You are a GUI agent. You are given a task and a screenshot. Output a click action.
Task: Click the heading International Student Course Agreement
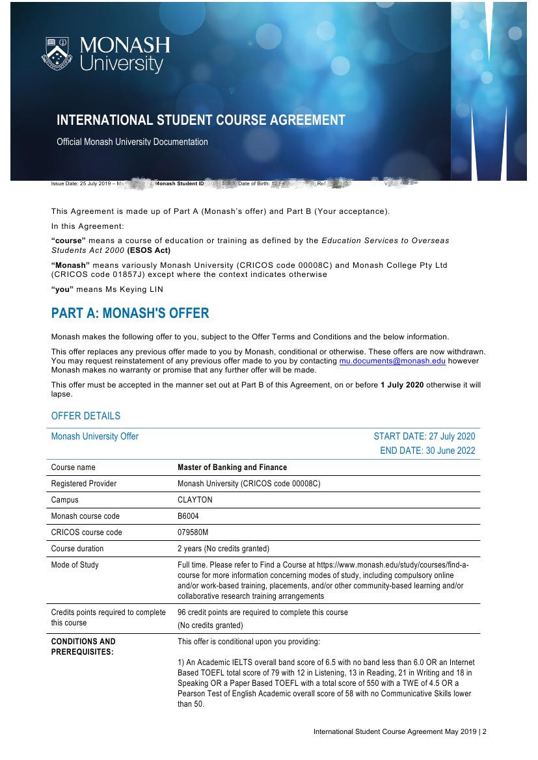point(200,120)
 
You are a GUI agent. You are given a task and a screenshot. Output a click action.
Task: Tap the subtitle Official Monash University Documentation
point(132,142)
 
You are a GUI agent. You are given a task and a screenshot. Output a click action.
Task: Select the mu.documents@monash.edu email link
point(392,361)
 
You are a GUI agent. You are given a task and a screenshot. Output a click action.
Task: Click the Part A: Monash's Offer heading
point(130,313)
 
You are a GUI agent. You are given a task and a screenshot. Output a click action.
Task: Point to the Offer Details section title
point(86,416)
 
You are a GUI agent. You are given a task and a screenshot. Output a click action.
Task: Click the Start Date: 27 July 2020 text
point(424,436)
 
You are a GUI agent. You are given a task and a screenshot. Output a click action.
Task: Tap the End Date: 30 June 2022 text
point(427,451)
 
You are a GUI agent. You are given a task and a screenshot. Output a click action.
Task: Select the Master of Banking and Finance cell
point(232,467)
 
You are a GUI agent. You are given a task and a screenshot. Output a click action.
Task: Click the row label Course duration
point(77,549)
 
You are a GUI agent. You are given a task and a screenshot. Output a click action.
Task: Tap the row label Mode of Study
point(75,565)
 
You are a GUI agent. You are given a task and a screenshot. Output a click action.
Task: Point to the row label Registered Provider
point(84,484)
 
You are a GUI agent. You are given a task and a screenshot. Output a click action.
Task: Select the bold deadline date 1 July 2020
point(402,385)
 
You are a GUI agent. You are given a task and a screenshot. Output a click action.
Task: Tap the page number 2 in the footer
point(484,731)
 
